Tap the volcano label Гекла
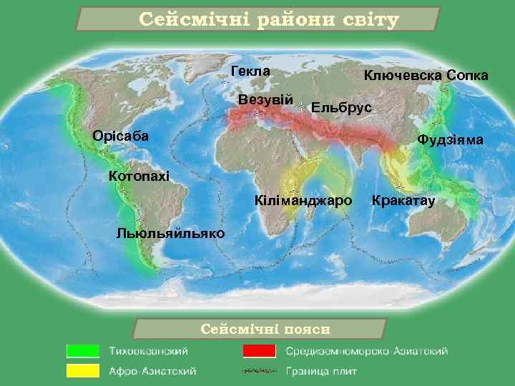pyautogui.click(x=251, y=71)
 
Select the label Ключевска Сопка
pyautogui.click(x=426, y=75)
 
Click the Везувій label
pyautogui.click(x=265, y=99)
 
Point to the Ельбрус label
pyautogui.click(x=341, y=108)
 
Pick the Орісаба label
pyautogui.click(x=121, y=136)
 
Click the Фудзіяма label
pyautogui.click(x=451, y=140)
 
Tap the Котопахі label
pyautogui.click(x=138, y=176)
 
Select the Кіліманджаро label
pyautogui.click(x=303, y=201)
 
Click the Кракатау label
pyautogui.click(x=403, y=201)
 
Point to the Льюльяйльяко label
pyautogui.click(x=170, y=233)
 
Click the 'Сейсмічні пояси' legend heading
pyautogui.click(x=260, y=329)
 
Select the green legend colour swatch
pyautogui.click(x=82, y=351)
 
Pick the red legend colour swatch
pyautogui.click(x=259, y=351)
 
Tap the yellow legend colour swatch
pyautogui.click(x=82, y=371)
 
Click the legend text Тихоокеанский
pyautogui.click(x=149, y=351)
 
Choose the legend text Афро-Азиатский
pyautogui.click(x=152, y=371)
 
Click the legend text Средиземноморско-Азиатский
pyautogui.click(x=367, y=351)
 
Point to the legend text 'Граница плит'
pyautogui.click(x=321, y=371)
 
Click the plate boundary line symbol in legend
pyautogui.click(x=259, y=371)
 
